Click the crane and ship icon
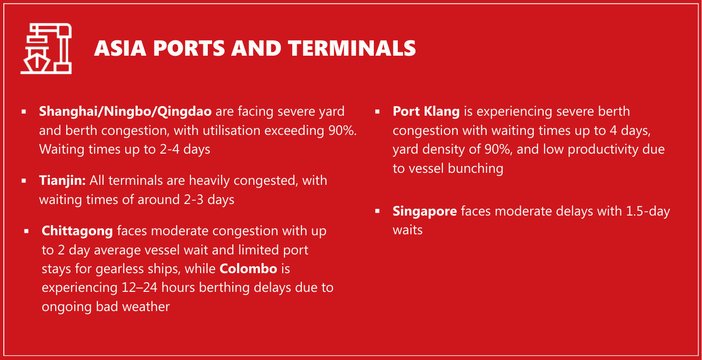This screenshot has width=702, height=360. coord(46,48)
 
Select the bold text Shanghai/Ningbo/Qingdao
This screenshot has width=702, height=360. coord(125,112)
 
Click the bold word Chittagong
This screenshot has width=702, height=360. coord(77,231)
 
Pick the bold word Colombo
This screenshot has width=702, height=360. coord(249,269)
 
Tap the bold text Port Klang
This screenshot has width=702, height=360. coord(426,112)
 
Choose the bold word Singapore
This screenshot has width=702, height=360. coord(425,211)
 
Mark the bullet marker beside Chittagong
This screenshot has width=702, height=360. coord(26,231)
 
